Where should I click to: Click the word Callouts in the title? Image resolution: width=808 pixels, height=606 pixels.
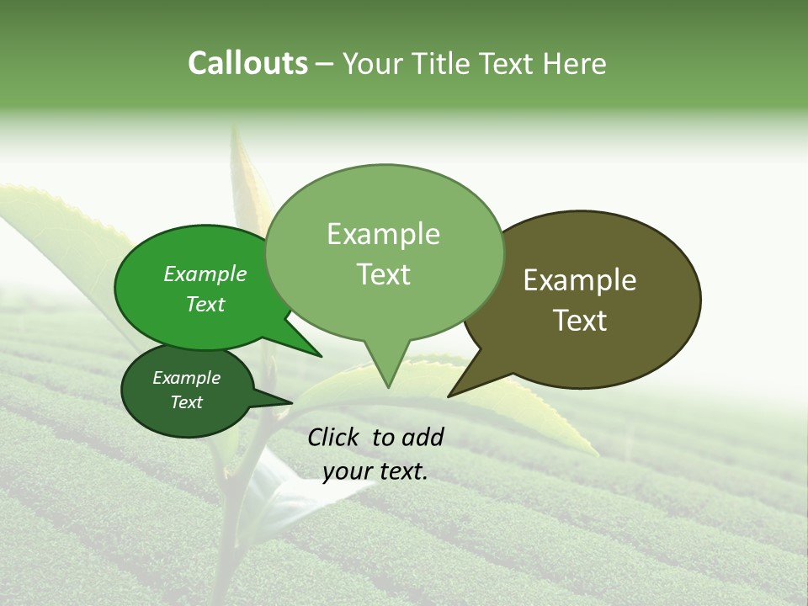(x=247, y=64)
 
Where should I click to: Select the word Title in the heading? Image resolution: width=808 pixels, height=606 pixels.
(x=441, y=64)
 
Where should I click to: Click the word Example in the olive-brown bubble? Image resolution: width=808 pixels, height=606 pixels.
(x=580, y=280)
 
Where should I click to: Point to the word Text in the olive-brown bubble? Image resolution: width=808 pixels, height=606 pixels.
(x=580, y=321)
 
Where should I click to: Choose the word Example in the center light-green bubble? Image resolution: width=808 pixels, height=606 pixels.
(x=383, y=234)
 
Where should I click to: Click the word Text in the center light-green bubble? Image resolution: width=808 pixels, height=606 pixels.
(x=383, y=274)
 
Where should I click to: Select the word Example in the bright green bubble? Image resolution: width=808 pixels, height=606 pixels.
(x=205, y=274)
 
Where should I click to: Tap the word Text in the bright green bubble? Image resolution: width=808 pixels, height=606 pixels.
(x=205, y=304)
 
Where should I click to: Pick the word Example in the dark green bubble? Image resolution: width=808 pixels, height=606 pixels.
(x=186, y=378)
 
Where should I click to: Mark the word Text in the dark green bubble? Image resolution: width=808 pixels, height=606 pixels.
(x=186, y=402)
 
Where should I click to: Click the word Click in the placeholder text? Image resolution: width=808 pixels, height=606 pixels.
(x=335, y=437)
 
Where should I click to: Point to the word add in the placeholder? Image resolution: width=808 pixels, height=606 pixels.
(x=423, y=437)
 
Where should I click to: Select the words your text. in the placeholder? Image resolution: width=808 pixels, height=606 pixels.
(x=375, y=472)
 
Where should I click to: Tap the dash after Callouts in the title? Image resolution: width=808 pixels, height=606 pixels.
(x=326, y=64)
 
